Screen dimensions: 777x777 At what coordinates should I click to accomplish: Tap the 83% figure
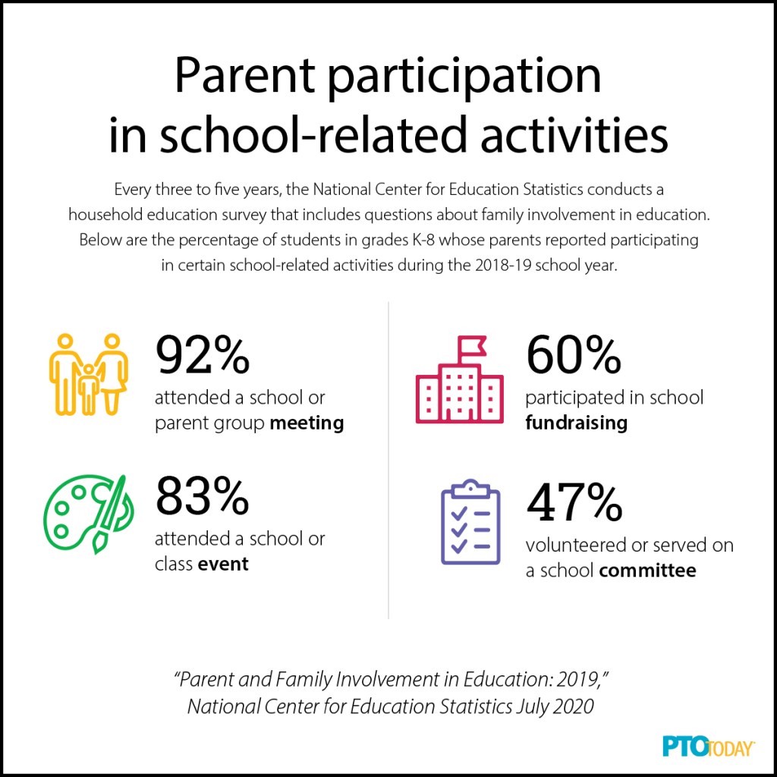tap(203, 496)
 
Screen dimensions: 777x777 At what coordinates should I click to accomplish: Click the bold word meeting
tap(307, 423)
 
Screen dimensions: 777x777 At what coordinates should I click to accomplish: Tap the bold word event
tap(224, 564)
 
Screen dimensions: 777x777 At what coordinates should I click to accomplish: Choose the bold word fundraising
tap(576, 423)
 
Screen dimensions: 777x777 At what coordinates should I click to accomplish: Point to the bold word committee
tap(647, 570)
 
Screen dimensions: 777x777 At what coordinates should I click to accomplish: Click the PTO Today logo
tap(698, 747)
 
